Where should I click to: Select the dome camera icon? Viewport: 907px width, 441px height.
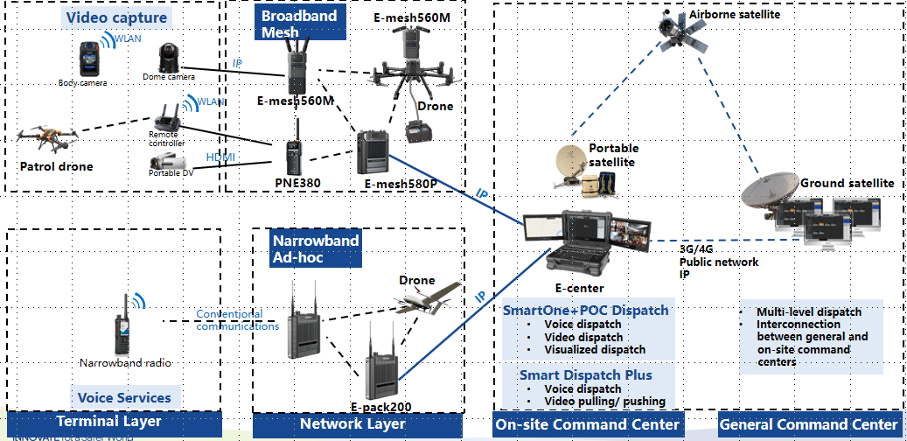pyautogui.click(x=166, y=58)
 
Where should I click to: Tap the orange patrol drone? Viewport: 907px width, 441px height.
pyautogui.click(x=47, y=136)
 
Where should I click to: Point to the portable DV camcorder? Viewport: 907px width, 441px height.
pyautogui.click(x=166, y=161)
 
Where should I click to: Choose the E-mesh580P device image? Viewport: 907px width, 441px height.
pyautogui.click(x=373, y=153)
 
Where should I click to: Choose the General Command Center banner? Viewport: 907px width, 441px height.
pyautogui.click(x=808, y=424)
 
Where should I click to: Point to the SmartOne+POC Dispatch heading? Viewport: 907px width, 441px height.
pyautogui.click(x=585, y=310)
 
